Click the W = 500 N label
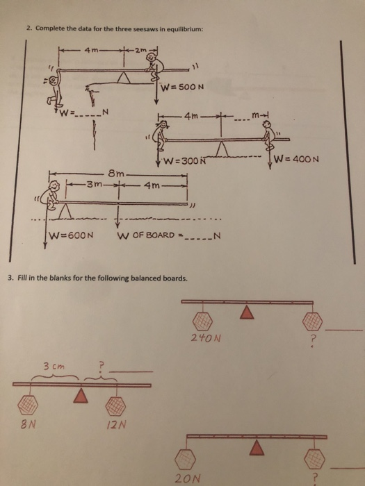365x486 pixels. [x=182, y=87]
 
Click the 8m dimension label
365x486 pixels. [x=116, y=174]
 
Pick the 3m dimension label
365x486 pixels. [x=94, y=185]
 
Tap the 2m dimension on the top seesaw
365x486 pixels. [x=139, y=49]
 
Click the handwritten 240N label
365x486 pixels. [x=206, y=337]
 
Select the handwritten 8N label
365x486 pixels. [x=27, y=424]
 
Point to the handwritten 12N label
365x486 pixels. [x=116, y=424]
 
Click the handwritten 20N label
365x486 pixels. [x=188, y=478]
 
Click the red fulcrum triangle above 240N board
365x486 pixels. [x=247, y=312]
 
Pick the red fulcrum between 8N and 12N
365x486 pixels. [x=81, y=396]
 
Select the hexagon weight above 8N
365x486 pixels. [x=28, y=405]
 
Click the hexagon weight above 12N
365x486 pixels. [x=115, y=405]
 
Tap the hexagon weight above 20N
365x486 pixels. [x=186, y=459]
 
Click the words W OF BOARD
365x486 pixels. [x=146, y=235]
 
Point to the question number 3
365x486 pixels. [x=10, y=278]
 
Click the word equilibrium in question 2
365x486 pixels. [x=185, y=29]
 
